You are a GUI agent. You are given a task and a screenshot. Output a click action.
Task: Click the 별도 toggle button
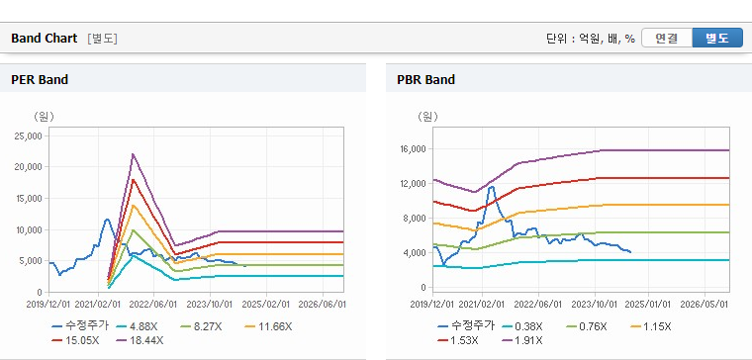(x=717, y=38)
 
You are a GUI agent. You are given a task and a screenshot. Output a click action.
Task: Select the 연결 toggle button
(x=667, y=38)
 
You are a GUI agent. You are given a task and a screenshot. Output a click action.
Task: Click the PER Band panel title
(x=40, y=79)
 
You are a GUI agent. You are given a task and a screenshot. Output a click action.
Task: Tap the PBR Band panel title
(x=425, y=79)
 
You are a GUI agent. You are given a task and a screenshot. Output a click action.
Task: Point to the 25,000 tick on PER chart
(x=30, y=136)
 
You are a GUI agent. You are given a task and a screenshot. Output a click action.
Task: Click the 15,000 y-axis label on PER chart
(x=30, y=199)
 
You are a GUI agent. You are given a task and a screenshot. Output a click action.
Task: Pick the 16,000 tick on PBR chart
(x=413, y=149)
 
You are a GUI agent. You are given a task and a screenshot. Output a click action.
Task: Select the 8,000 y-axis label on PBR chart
(x=415, y=219)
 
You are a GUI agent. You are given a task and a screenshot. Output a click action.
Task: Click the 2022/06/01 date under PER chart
(x=153, y=305)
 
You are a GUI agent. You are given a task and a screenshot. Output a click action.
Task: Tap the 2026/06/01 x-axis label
(x=322, y=305)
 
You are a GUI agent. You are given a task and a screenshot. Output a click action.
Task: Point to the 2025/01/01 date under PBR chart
(x=648, y=305)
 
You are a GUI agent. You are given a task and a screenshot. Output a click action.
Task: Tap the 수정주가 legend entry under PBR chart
(x=466, y=327)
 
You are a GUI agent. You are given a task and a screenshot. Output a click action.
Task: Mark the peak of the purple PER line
(x=133, y=154)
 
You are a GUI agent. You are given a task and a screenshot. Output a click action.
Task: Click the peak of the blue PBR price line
(x=491, y=187)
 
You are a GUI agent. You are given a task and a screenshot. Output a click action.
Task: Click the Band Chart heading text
(x=45, y=39)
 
